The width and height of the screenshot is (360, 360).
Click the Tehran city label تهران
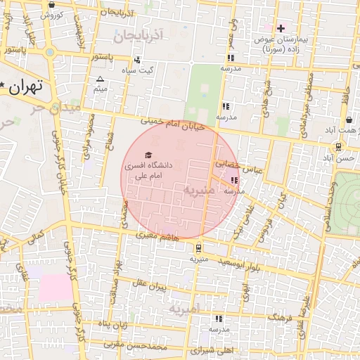(27, 87)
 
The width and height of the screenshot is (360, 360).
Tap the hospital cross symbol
(281, 29)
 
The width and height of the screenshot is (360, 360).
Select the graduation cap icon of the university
(148, 155)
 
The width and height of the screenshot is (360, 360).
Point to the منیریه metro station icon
(198, 247)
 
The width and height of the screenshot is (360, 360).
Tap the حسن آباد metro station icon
(340, 147)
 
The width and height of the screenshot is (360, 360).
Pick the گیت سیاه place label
(136, 70)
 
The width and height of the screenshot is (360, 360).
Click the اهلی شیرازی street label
(211, 349)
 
